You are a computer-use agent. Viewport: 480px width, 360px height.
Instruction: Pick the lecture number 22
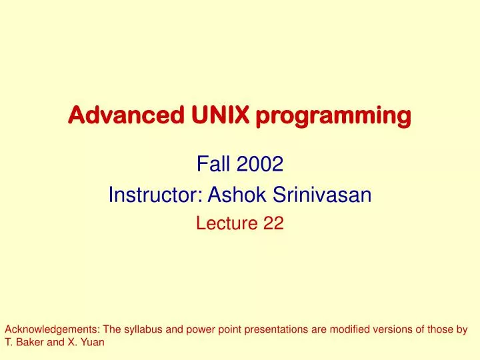pyautogui.click(x=274, y=225)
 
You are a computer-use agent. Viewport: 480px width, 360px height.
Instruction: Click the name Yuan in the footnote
pyautogui.click(x=94, y=343)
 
